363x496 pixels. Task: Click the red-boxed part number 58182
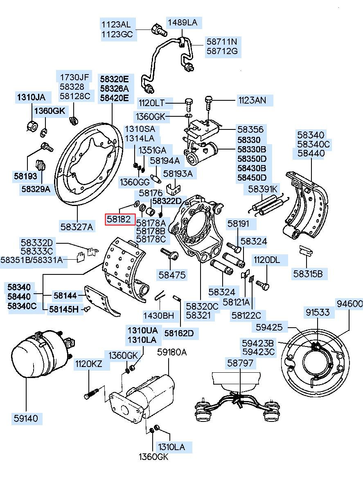120,219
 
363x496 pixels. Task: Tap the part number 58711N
221,41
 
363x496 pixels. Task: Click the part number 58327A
77,226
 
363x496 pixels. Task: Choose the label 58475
172,275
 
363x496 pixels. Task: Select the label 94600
349,303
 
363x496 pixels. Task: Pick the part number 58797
240,363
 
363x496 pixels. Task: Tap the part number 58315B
308,274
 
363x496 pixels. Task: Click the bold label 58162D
179,333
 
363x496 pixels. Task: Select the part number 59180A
172,352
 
